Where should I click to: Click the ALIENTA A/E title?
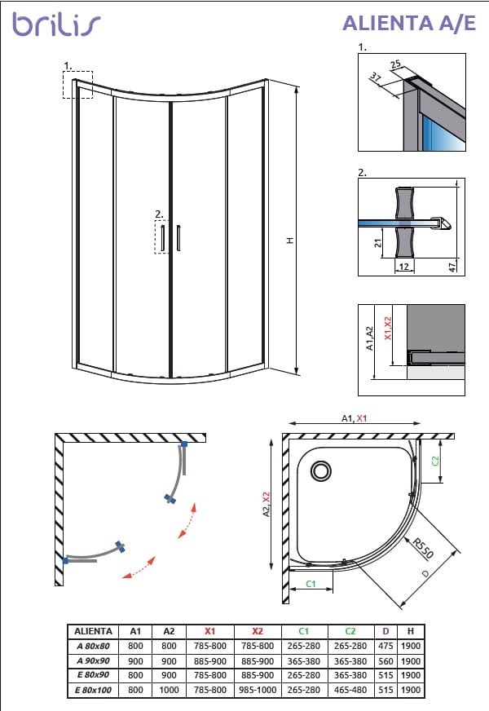(408, 23)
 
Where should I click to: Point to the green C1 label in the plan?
(311, 584)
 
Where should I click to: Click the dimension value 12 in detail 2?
(403, 267)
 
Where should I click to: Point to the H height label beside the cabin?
(289, 241)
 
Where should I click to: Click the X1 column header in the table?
(209, 631)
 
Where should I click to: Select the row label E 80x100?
(93, 689)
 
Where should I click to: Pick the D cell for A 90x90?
(387, 660)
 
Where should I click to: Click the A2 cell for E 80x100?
(169, 689)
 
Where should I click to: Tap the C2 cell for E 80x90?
(351, 675)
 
